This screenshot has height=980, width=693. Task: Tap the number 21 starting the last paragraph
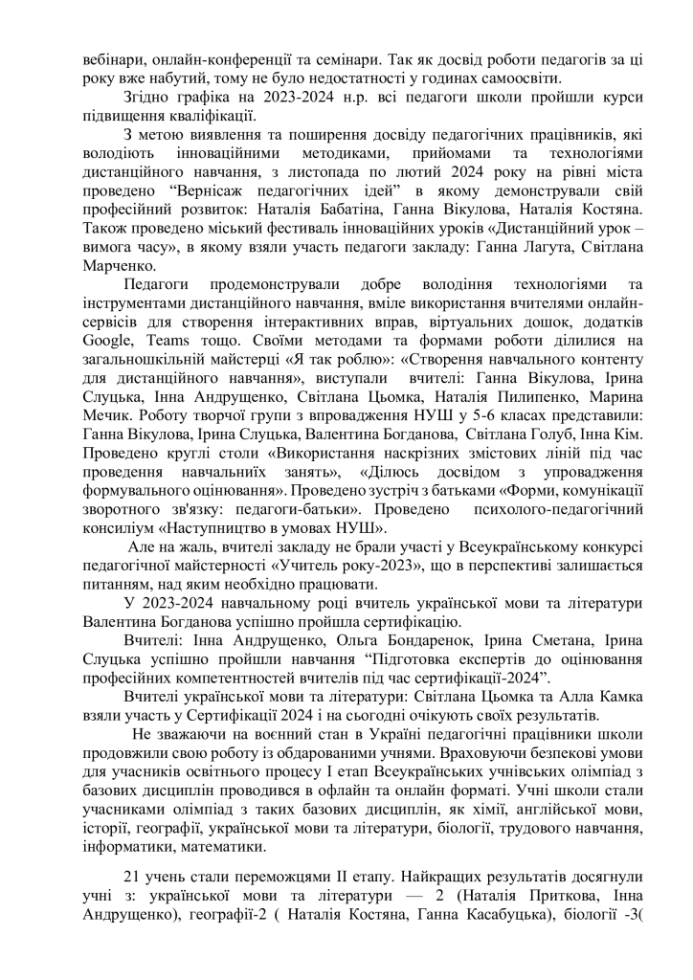tap(132, 879)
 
